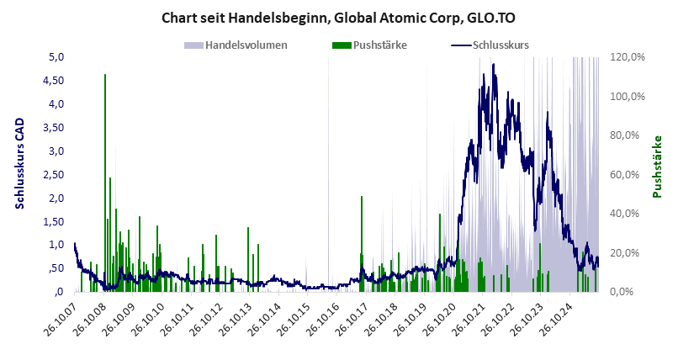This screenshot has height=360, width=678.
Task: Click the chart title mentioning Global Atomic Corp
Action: (x=338, y=17)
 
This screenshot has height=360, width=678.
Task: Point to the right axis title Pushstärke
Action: (x=658, y=167)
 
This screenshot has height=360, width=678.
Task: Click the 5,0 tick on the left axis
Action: (x=58, y=57)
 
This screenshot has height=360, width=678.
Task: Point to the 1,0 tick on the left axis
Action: (x=58, y=245)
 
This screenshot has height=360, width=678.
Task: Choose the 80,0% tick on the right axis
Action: (x=628, y=135)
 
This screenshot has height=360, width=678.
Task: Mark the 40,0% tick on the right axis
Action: (x=628, y=214)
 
